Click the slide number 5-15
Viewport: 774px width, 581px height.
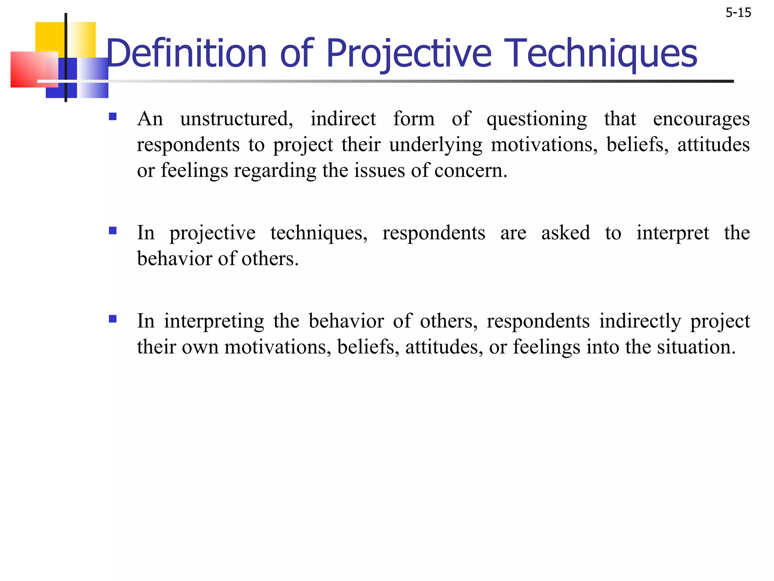tap(738, 13)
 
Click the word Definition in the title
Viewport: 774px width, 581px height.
tap(187, 54)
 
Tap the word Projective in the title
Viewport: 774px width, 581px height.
tap(409, 54)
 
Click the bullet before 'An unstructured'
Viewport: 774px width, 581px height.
tap(113, 116)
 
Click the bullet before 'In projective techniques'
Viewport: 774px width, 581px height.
tap(113, 230)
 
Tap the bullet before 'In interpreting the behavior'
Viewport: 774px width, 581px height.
tap(113, 319)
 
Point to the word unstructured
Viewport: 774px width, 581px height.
tap(237, 119)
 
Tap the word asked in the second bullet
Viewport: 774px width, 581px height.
tap(565, 233)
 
